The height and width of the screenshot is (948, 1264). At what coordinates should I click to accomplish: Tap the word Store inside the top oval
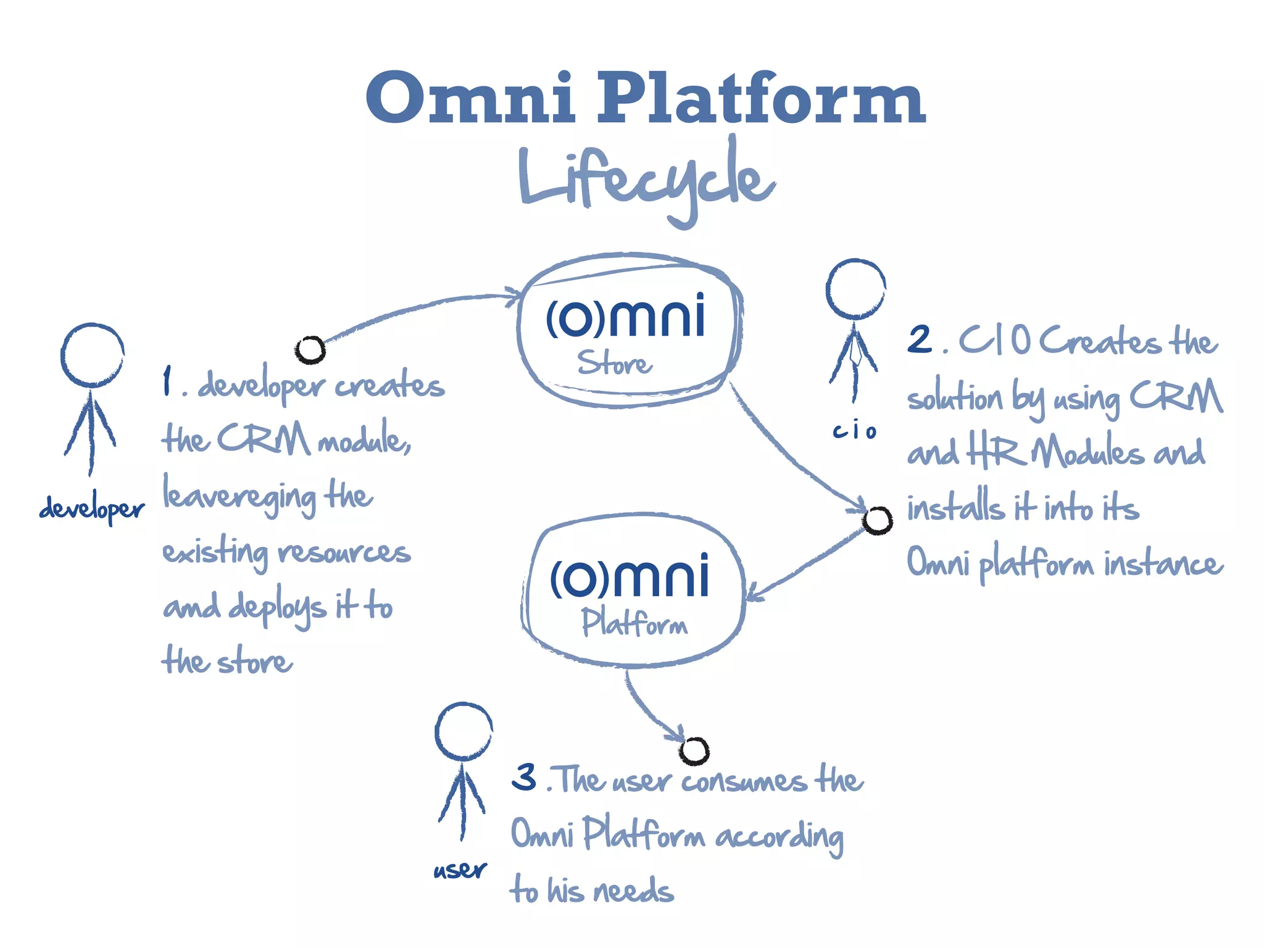coord(615,363)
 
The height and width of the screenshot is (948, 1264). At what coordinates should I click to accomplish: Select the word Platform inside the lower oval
coord(634,623)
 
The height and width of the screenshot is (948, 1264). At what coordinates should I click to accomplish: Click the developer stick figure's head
coord(93,355)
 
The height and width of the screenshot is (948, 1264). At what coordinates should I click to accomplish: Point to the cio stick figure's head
coord(855,289)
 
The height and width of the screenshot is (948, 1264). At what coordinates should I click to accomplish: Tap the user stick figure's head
coord(464,731)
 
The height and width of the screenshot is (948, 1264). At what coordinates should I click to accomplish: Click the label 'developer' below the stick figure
coord(92,509)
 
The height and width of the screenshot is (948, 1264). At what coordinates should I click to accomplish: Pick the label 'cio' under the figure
coord(854,431)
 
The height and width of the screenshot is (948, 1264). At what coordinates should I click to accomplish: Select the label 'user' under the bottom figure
coord(460,870)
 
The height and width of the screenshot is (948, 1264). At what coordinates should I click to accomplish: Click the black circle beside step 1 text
coord(310,350)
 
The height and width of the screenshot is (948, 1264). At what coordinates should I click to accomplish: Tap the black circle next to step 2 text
coord(877,520)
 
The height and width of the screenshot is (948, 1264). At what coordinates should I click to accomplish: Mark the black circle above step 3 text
coord(694,750)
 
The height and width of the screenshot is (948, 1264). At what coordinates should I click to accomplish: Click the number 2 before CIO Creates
coord(920,340)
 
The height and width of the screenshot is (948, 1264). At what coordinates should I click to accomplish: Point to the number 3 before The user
coord(525,777)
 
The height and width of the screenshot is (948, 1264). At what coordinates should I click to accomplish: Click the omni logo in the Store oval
coord(625,317)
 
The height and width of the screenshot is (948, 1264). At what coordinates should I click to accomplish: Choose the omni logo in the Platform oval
coord(629,576)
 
